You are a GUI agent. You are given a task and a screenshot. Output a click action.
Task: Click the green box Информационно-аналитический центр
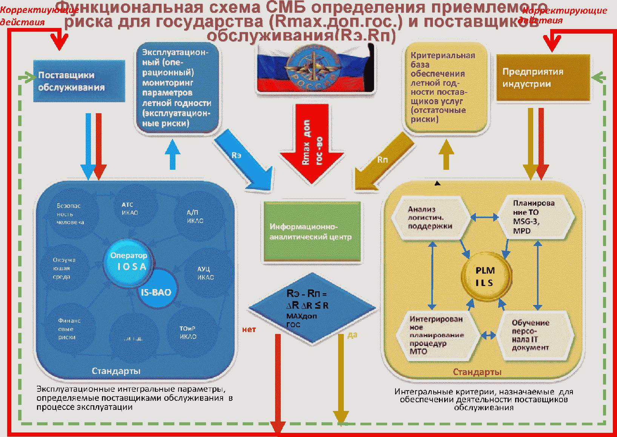[312, 231]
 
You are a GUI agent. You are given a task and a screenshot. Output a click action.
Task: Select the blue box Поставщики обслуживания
[79, 81]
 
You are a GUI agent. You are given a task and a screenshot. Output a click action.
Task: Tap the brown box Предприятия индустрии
[543, 78]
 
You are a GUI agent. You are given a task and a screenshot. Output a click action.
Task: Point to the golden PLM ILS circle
[485, 277]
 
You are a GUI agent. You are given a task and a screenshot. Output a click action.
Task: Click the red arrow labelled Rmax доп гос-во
[312, 143]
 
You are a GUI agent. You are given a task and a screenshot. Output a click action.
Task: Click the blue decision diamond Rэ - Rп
[312, 308]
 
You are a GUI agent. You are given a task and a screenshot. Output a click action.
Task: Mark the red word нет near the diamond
[249, 329]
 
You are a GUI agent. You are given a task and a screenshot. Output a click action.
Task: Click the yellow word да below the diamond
[352, 335]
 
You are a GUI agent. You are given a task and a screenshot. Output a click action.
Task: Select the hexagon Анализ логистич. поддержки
[431, 218]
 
